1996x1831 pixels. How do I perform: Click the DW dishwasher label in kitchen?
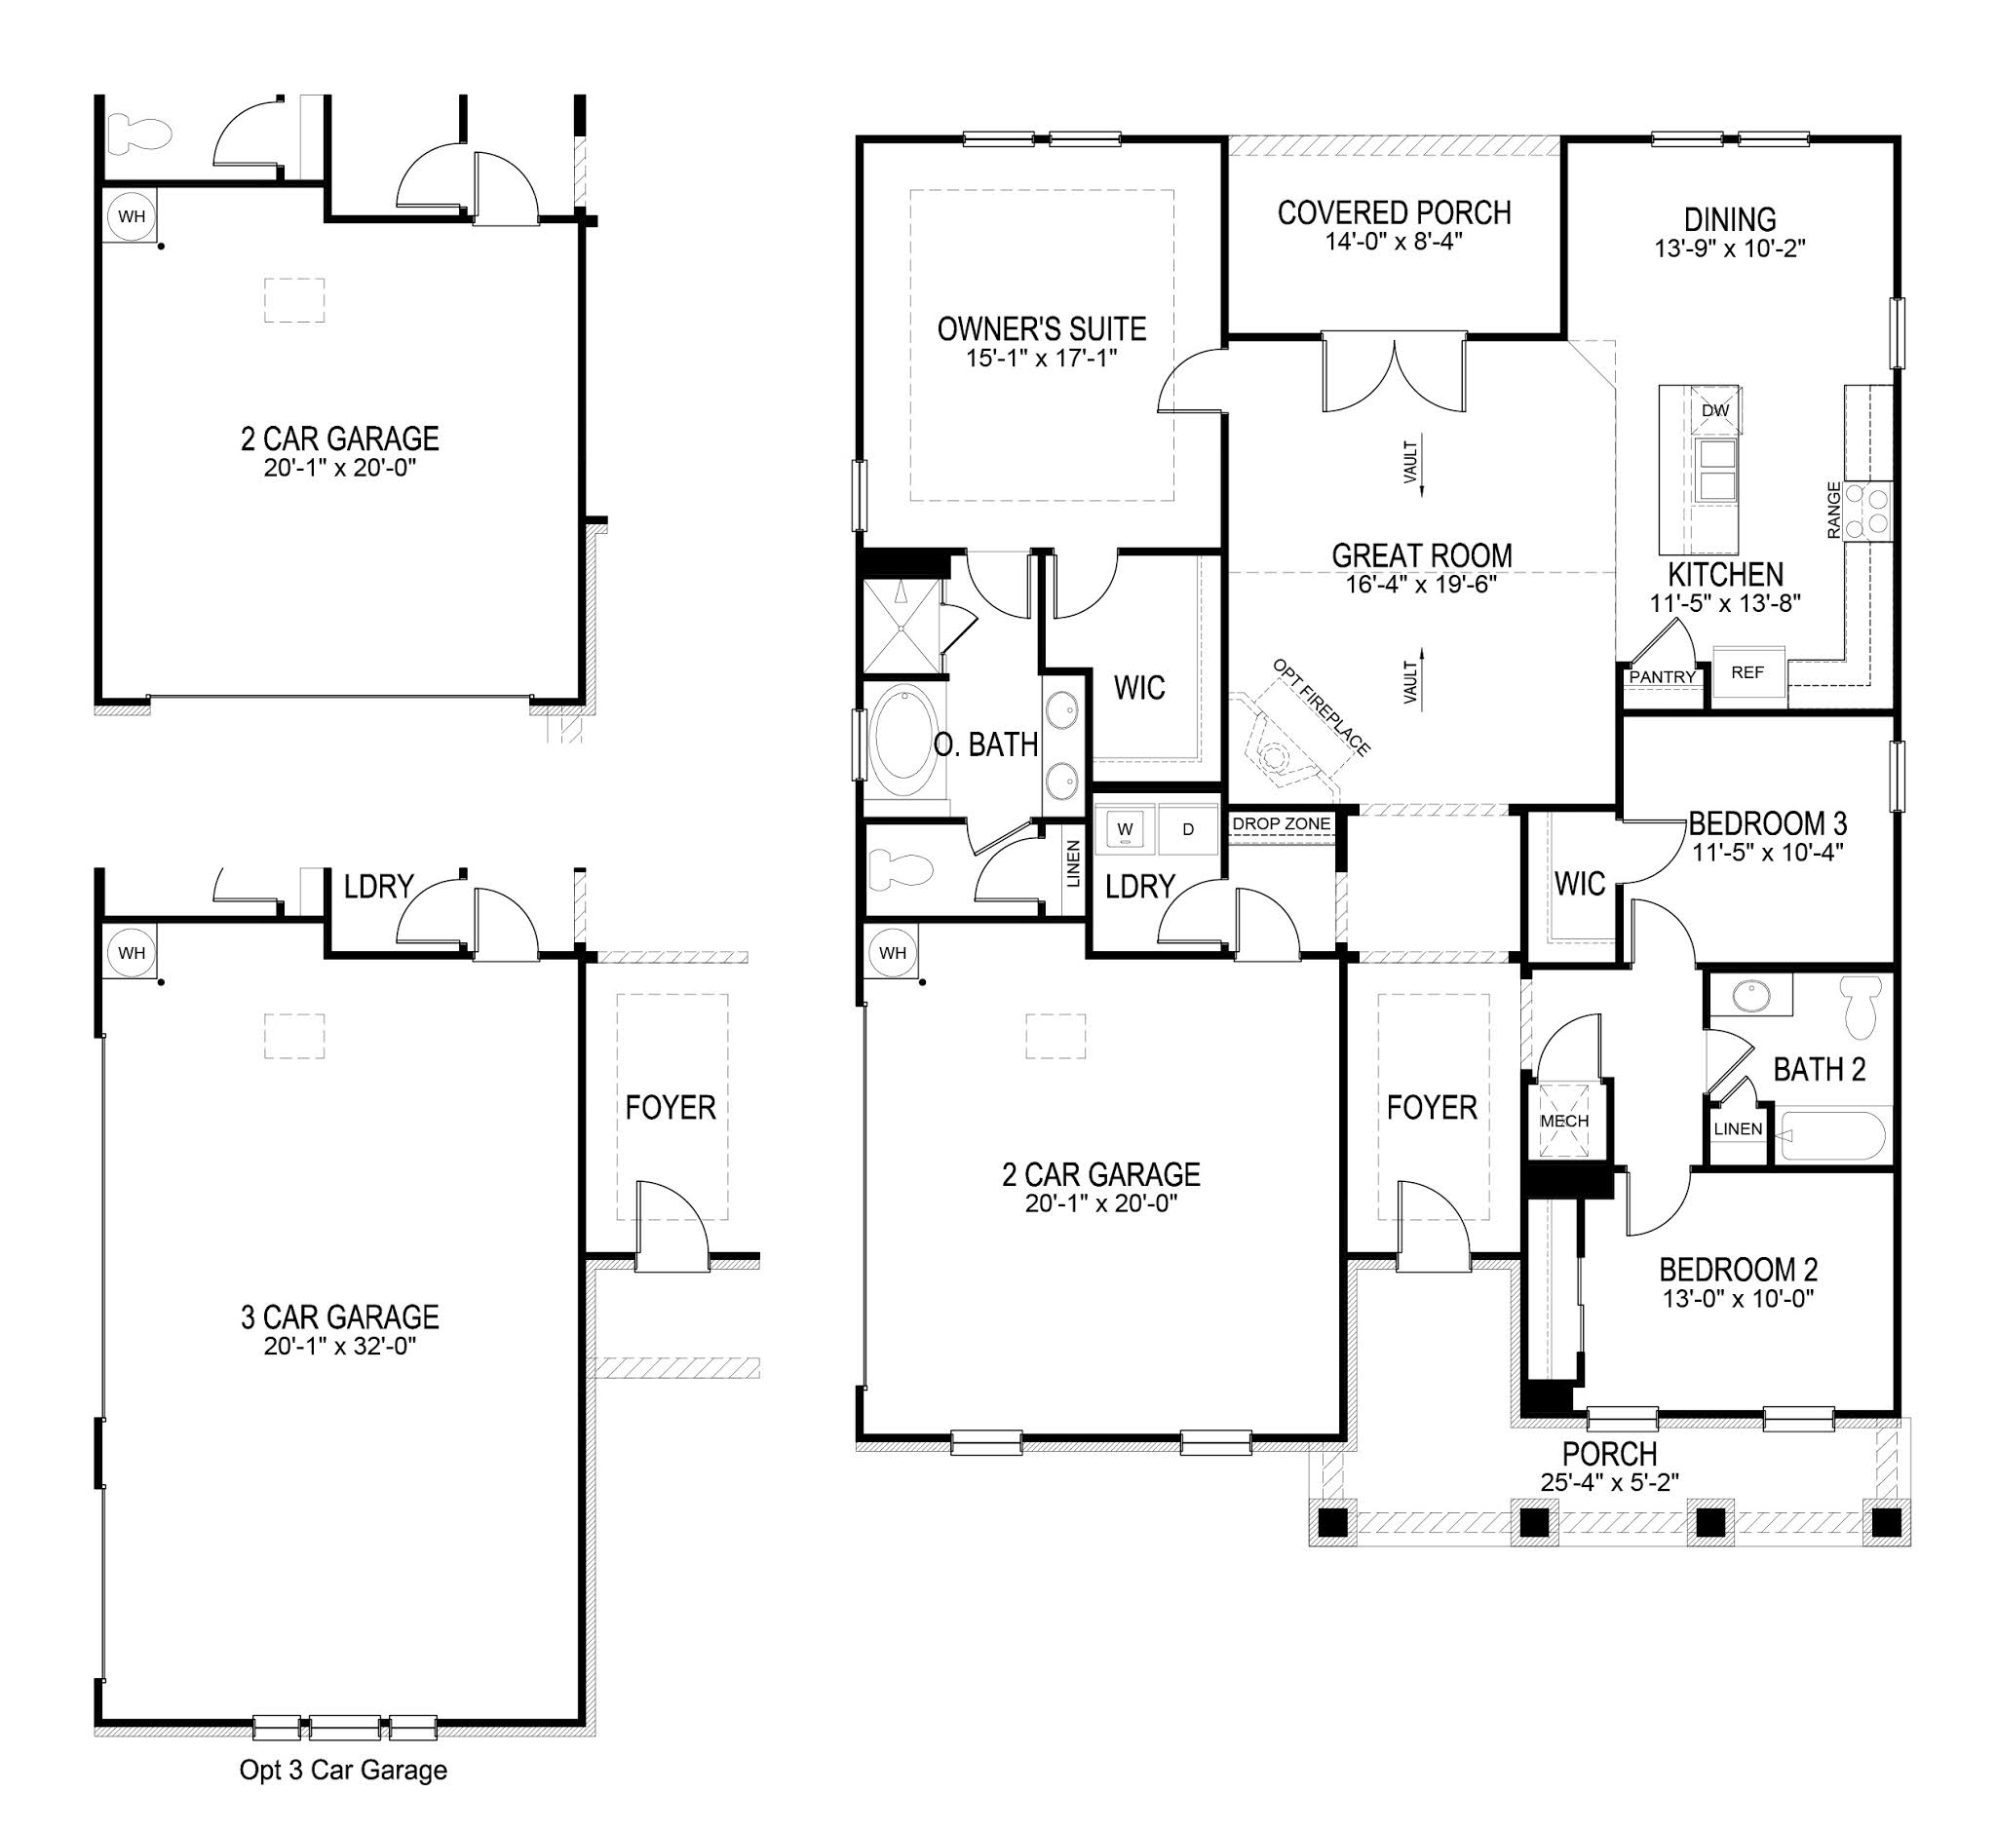pyautogui.click(x=1714, y=410)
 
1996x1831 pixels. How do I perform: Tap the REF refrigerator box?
pyautogui.click(x=1747, y=672)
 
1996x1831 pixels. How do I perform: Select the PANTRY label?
pyautogui.click(x=1662, y=676)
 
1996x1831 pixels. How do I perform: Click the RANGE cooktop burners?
pyautogui.click(x=1875, y=511)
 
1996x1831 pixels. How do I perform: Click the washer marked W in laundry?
pyautogui.click(x=1125, y=829)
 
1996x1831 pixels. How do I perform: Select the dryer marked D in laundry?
pyautogui.click(x=1187, y=829)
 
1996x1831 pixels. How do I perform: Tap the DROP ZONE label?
pyautogui.click(x=1281, y=823)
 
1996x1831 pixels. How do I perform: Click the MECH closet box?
pyautogui.click(x=1564, y=1121)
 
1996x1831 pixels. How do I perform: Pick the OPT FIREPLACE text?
pyautogui.click(x=1322, y=706)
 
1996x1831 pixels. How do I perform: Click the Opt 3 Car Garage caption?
pyautogui.click(x=343, y=1770)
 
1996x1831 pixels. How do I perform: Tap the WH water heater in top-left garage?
pyautogui.click(x=131, y=216)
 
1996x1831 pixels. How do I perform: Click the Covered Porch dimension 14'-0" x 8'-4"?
pyautogui.click(x=1394, y=241)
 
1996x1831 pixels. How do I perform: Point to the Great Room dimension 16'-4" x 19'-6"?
pyautogui.click(x=1420, y=584)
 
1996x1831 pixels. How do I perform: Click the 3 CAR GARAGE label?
pyautogui.click(x=339, y=1316)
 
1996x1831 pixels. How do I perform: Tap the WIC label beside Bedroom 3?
pyautogui.click(x=1579, y=883)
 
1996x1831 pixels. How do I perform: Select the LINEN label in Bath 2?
pyautogui.click(x=1738, y=1128)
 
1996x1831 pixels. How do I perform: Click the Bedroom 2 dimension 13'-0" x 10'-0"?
pyautogui.click(x=1738, y=1298)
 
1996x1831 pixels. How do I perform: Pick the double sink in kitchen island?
pyautogui.click(x=1716, y=470)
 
